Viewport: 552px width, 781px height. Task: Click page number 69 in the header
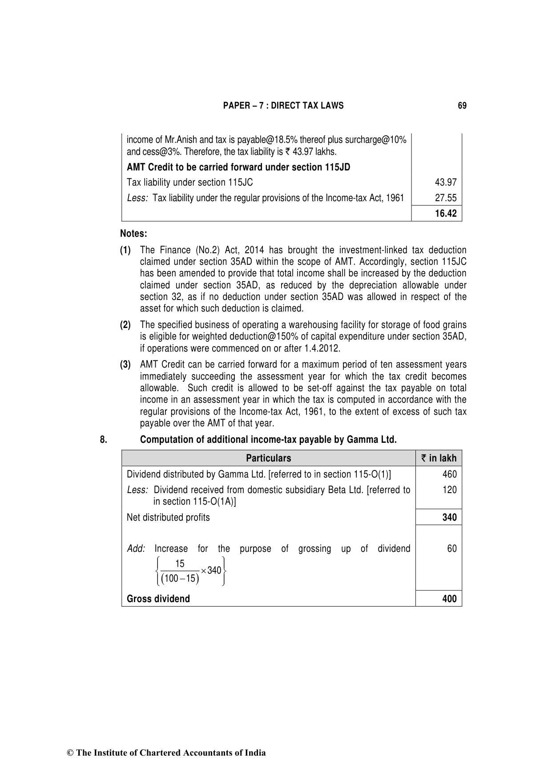tap(462, 105)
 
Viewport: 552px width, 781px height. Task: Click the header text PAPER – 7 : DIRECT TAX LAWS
tap(283, 105)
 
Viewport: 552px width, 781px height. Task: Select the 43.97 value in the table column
tap(446, 182)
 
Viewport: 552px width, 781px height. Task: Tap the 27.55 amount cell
tap(446, 198)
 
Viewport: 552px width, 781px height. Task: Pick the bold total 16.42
tap(446, 214)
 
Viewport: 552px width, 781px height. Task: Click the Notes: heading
tap(133, 234)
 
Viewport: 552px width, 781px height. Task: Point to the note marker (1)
tap(125, 250)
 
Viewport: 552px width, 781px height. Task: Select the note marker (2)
tap(125, 325)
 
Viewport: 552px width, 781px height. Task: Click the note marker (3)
tap(125, 365)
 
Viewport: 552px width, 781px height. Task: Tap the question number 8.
tap(103, 440)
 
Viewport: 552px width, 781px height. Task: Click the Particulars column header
tap(268, 458)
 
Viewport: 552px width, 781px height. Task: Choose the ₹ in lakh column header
tap(439, 458)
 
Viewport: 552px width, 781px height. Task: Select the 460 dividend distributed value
tap(449, 474)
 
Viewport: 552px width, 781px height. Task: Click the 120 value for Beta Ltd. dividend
tap(449, 490)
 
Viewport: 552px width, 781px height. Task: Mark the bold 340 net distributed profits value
tap(449, 518)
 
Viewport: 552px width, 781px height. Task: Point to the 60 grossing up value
tap(451, 549)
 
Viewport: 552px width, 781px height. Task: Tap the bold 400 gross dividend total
tap(449, 599)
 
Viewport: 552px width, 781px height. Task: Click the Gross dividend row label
tap(158, 599)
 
